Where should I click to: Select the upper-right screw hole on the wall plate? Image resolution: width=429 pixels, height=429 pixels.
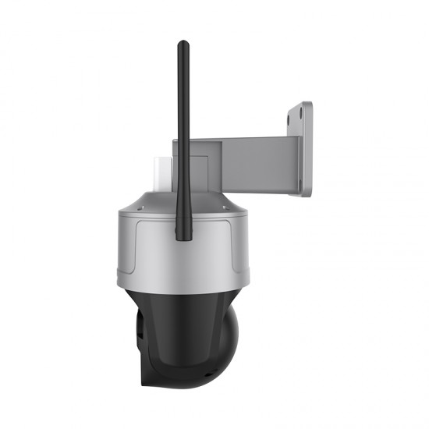coord(307,112)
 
